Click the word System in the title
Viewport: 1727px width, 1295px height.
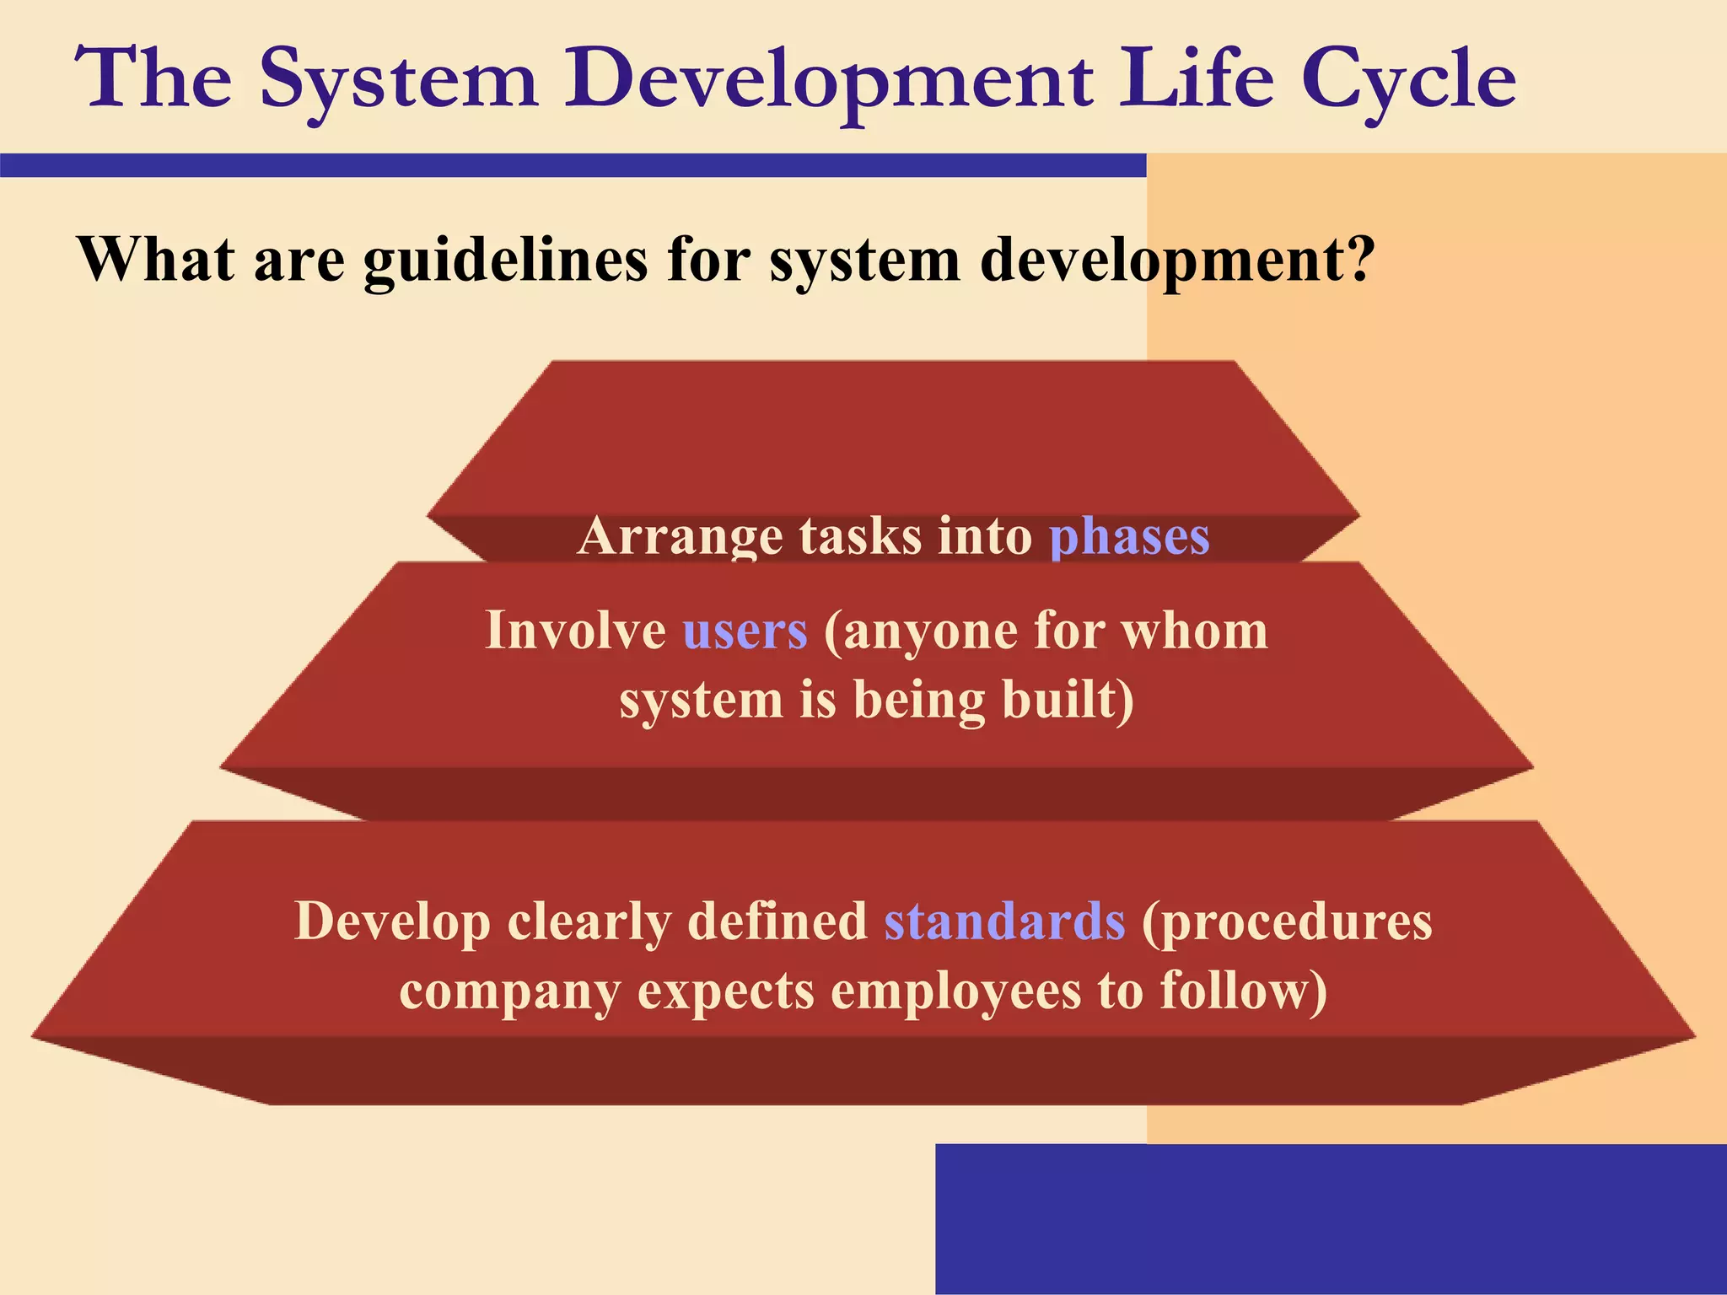coord(398,80)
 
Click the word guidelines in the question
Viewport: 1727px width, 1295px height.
coord(505,260)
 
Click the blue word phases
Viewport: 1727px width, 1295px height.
coord(1129,536)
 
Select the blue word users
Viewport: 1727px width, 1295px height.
coord(745,631)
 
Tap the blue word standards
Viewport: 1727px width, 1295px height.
coord(1003,921)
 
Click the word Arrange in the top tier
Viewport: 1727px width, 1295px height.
coord(680,536)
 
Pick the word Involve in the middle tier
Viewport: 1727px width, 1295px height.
coord(575,631)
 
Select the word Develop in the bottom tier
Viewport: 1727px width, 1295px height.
coord(392,921)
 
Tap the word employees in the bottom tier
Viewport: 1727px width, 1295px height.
coord(955,991)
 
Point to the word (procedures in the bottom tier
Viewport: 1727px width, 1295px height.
coord(1286,921)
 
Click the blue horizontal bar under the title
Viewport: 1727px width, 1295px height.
coord(573,165)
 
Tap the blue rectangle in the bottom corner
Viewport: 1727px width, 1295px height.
coord(1331,1218)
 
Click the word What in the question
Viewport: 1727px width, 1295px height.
coord(156,260)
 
